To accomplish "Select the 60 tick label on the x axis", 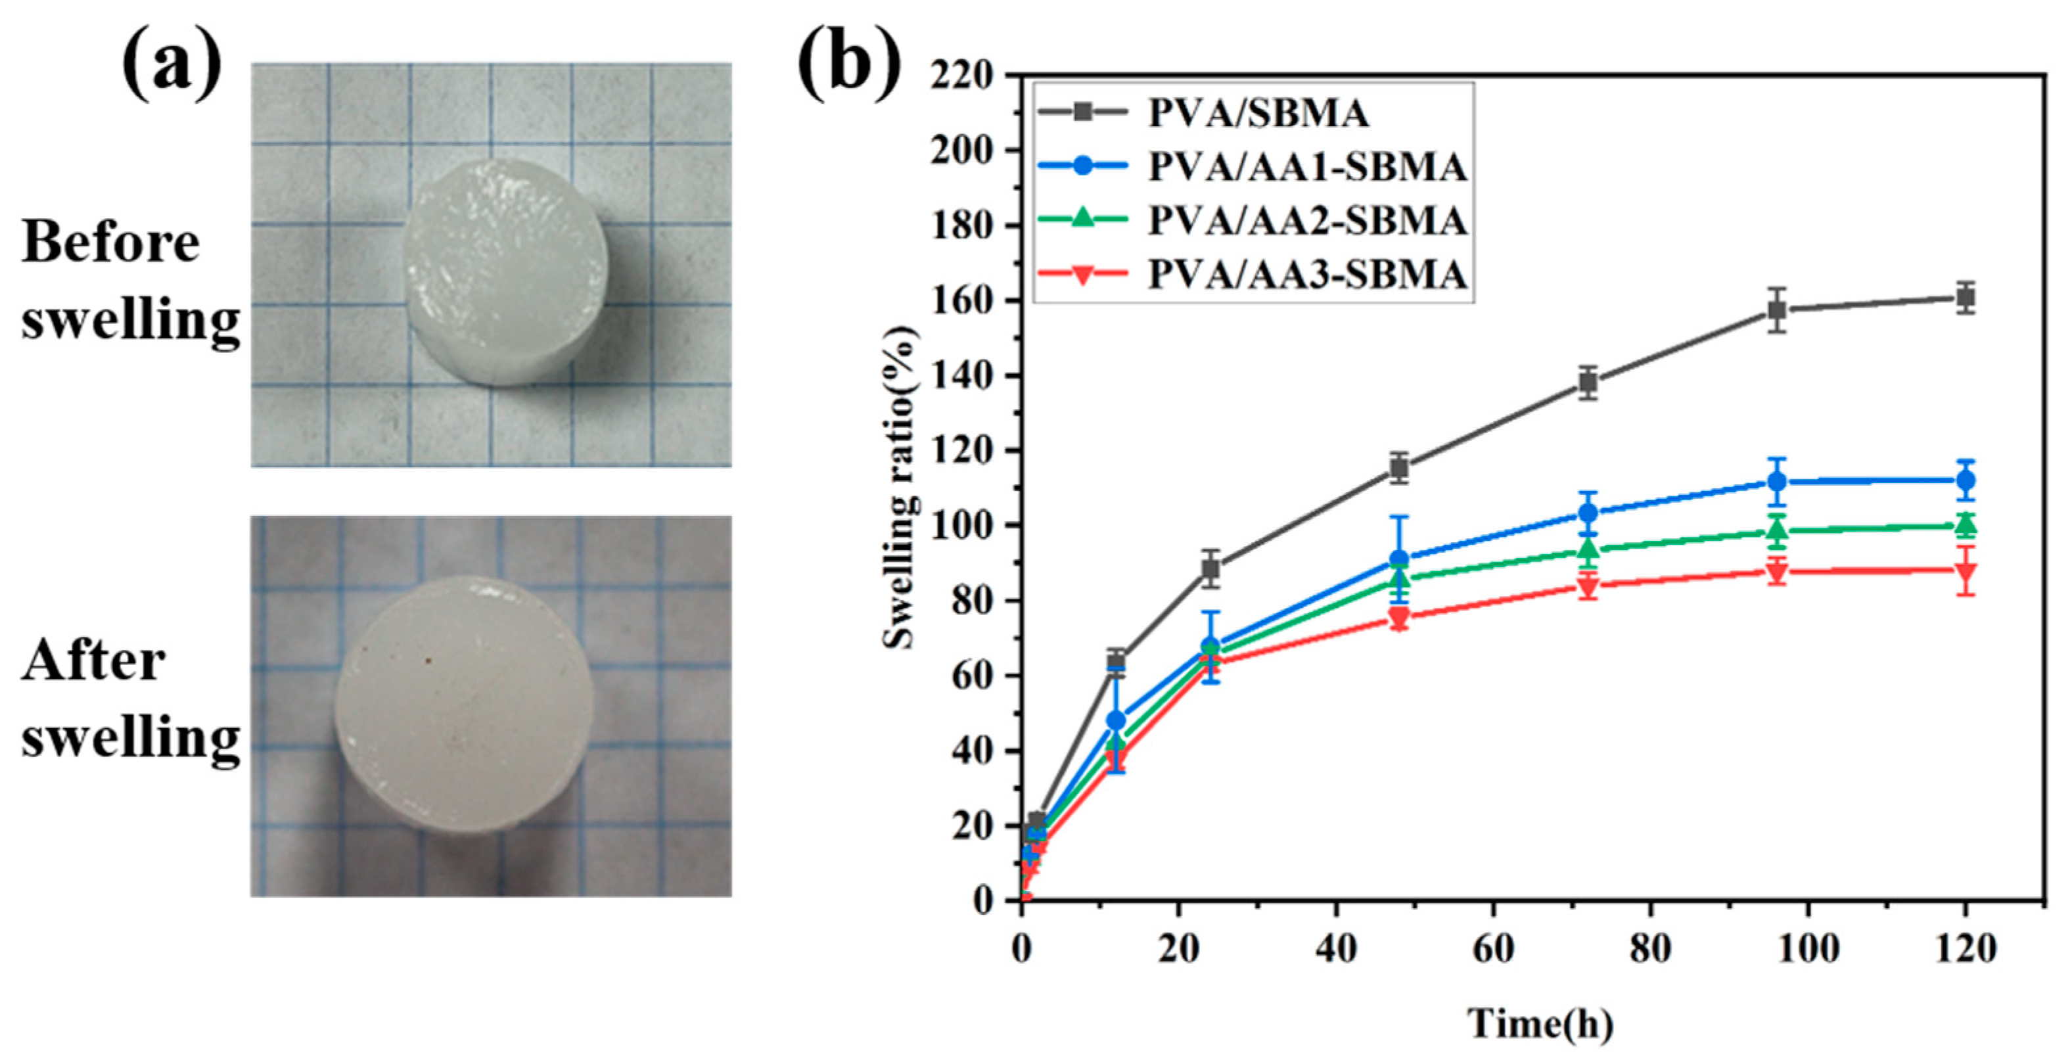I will click(x=1493, y=950).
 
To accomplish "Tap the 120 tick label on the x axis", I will click(x=1964, y=950).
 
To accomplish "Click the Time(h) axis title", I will click(x=1540, y=1024).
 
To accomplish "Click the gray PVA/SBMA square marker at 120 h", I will click(x=1965, y=298).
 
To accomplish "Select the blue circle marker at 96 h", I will click(x=1777, y=482).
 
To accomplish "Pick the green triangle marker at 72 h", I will click(x=1588, y=549).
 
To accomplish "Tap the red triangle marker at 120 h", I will click(x=1965, y=571).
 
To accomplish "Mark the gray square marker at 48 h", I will click(x=1400, y=467).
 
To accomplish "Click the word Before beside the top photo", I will click(x=111, y=242).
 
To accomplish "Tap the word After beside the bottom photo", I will click(x=93, y=661).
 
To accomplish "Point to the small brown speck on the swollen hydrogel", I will click(x=428, y=661).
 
